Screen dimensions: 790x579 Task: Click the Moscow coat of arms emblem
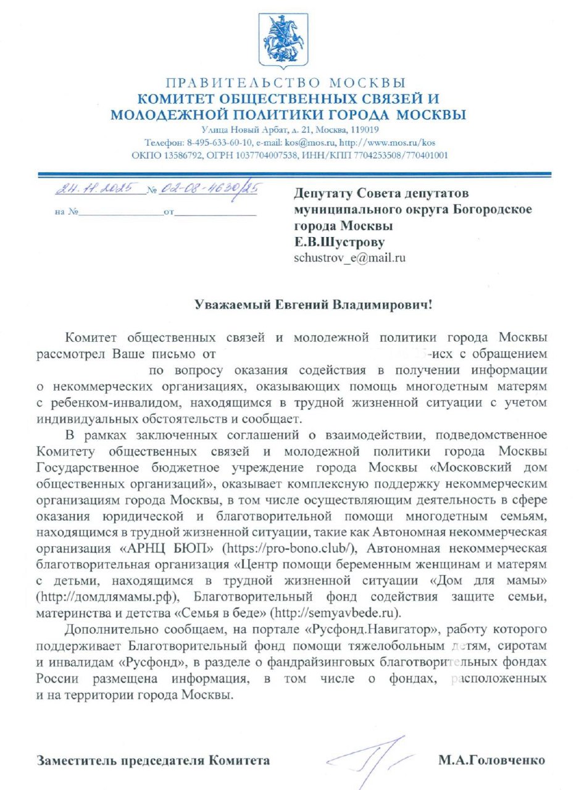[x=286, y=40]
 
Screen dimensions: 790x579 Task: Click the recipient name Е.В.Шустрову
[x=342, y=242]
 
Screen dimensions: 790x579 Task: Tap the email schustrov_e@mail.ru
[x=350, y=258]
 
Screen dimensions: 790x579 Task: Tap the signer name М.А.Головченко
[x=491, y=760]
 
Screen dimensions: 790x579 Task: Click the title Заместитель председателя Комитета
[x=153, y=760]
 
